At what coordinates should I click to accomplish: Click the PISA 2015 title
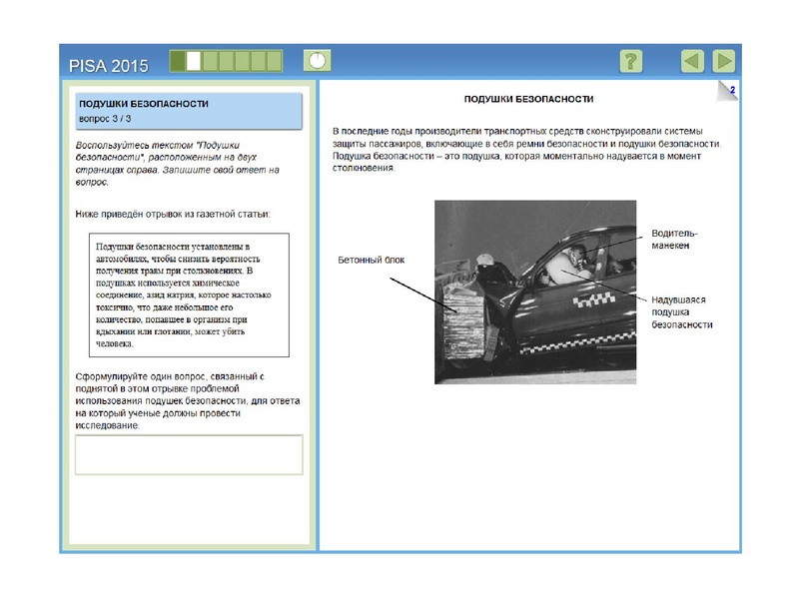tap(109, 66)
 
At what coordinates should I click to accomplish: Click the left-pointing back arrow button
tap(692, 61)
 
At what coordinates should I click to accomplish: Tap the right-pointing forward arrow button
tap(724, 61)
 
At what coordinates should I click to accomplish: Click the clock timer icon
tap(317, 61)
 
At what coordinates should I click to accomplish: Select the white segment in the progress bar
tap(194, 61)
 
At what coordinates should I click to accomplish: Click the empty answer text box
tap(189, 454)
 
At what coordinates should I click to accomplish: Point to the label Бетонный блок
tap(372, 260)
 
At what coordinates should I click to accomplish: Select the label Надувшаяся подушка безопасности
tap(683, 311)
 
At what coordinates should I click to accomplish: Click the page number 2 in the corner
tap(732, 91)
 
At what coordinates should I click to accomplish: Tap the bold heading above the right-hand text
tap(529, 100)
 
